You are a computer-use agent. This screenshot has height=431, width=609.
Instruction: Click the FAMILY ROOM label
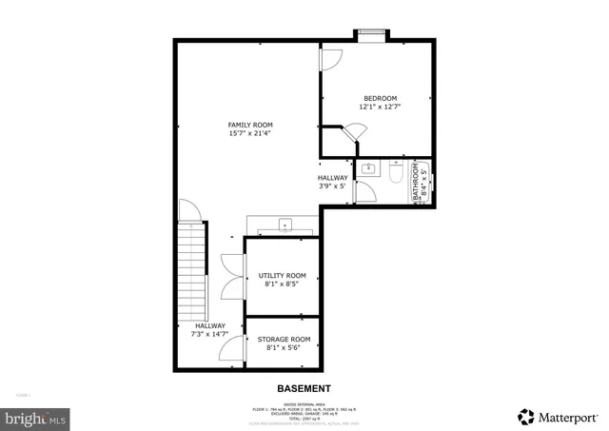(250, 125)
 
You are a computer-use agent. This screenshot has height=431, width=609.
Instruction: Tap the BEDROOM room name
(380, 98)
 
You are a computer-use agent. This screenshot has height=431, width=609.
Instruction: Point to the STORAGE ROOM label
(285, 339)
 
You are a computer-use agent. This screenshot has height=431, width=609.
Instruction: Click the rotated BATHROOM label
(416, 184)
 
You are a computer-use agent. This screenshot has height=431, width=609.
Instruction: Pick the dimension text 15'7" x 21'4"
(250, 134)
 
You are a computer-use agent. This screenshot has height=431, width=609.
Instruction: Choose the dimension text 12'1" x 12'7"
(380, 108)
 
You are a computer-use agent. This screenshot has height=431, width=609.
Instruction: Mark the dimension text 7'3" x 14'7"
(210, 334)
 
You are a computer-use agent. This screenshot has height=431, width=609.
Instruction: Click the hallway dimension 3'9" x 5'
(333, 186)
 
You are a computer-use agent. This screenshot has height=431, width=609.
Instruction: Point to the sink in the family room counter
(285, 225)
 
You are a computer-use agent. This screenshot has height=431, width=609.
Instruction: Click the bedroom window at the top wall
(371, 35)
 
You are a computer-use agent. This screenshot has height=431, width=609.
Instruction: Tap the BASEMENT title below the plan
(304, 388)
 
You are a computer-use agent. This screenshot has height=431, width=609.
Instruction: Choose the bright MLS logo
(34, 417)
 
